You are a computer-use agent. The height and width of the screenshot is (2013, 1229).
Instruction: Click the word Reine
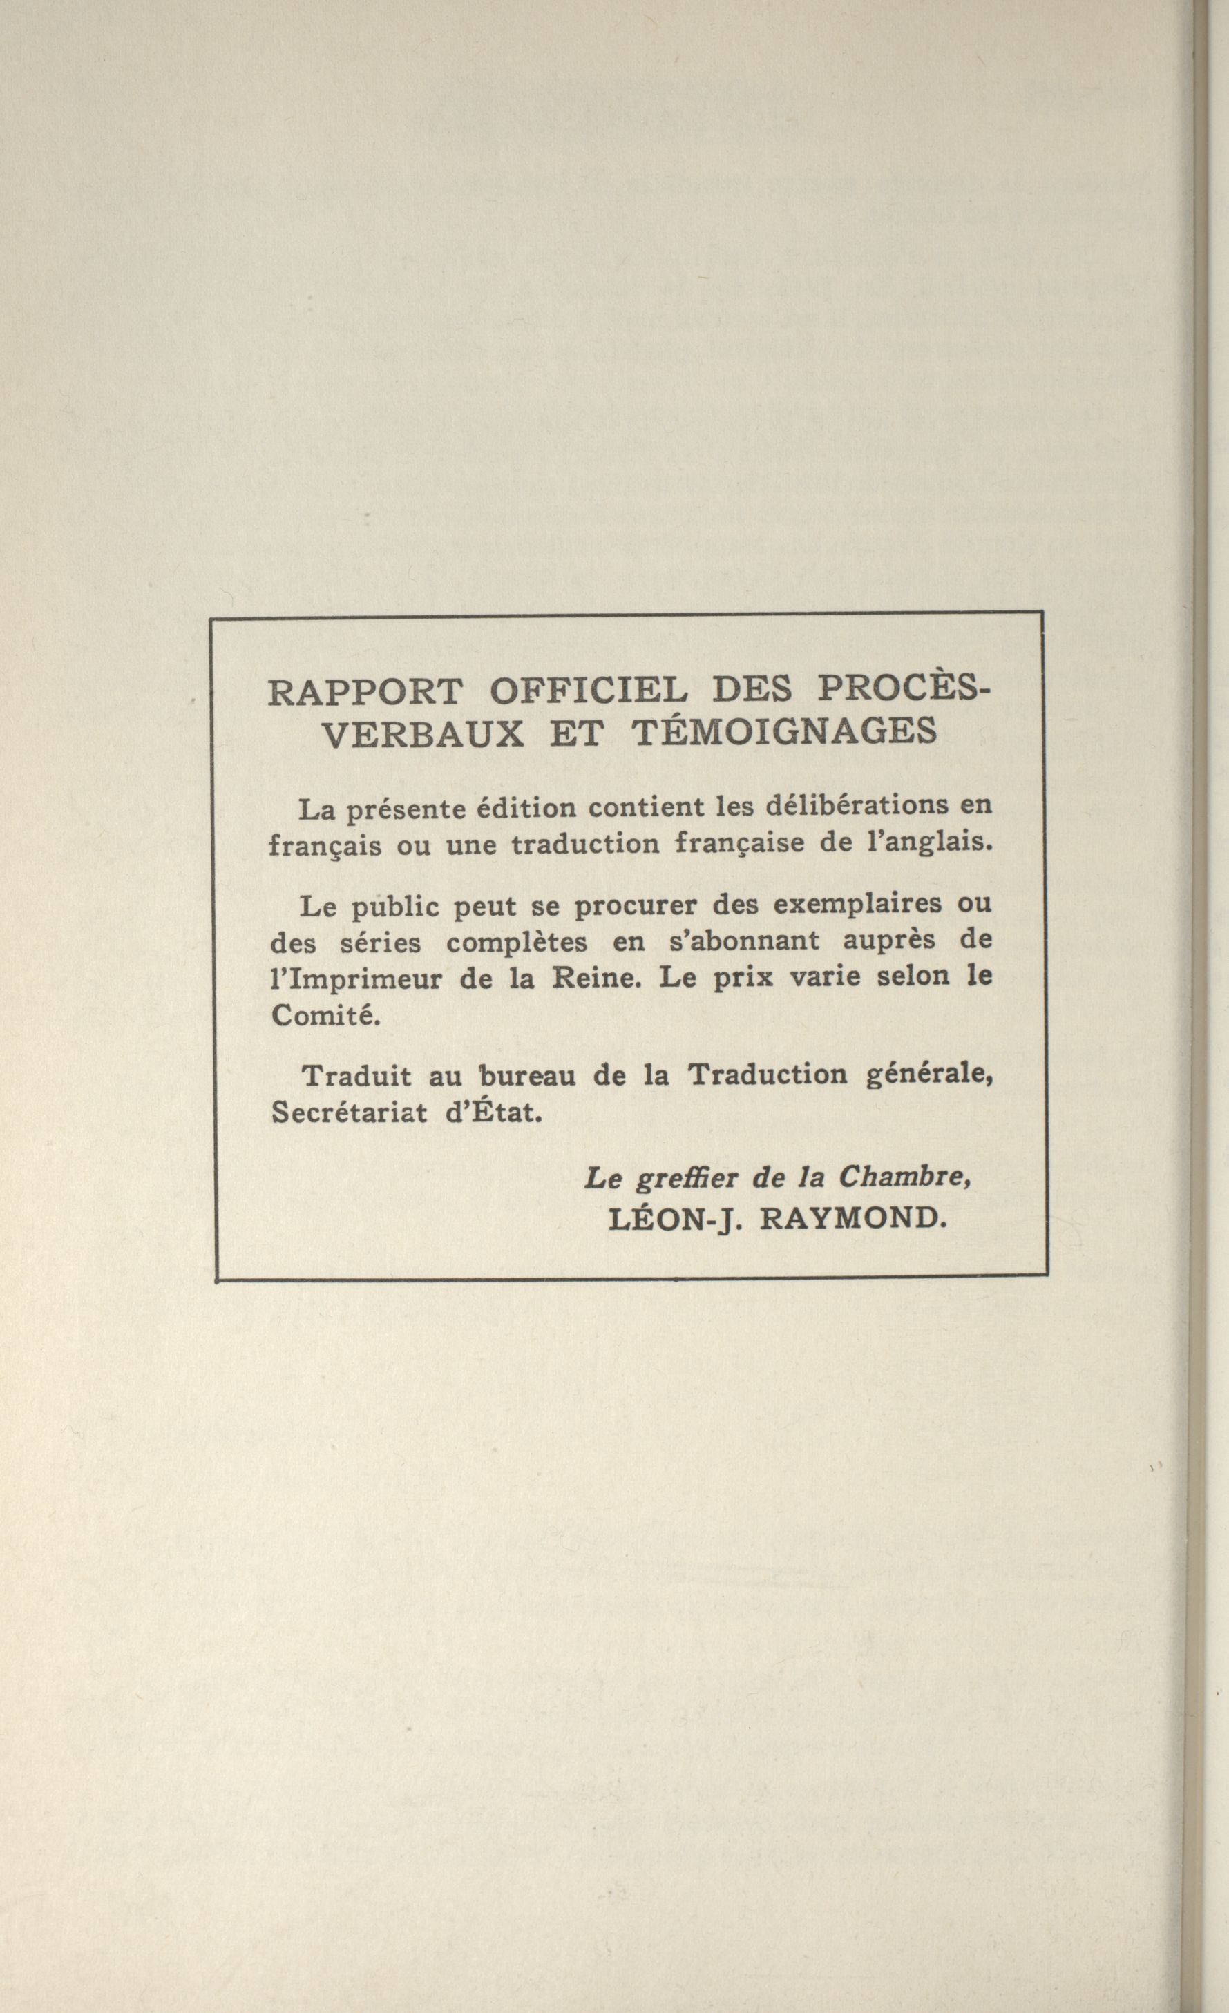click(x=594, y=978)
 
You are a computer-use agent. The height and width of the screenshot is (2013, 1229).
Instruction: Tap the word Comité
click(x=325, y=1016)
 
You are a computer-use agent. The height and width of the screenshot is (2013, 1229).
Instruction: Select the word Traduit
click(x=357, y=1076)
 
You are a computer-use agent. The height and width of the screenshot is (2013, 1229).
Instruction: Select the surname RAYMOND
click(x=853, y=1218)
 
